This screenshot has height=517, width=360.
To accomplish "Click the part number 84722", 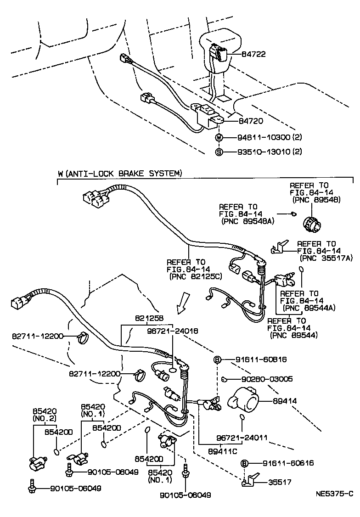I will [x=254, y=54].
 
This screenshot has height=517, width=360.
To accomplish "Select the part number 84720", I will [x=251, y=121].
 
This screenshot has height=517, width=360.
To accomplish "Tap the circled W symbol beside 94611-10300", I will [x=219, y=137].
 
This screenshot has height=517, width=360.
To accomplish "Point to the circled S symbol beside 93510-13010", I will [x=219, y=152].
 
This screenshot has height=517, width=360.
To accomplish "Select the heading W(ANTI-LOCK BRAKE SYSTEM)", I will [x=120, y=174].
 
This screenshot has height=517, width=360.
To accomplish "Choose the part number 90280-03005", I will [x=267, y=379].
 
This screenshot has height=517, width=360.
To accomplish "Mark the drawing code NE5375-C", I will [x=334, y=494].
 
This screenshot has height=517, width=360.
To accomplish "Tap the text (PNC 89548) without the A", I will [x=314, y=200].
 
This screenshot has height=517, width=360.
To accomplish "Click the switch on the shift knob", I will [x=218, y=53].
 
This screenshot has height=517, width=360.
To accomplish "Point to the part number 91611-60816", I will [x=262, y=359].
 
